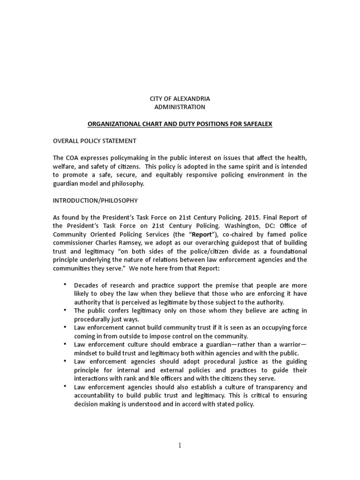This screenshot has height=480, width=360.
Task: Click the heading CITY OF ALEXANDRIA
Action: pos(180,98)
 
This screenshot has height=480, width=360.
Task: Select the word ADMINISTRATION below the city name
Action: pos(180,107)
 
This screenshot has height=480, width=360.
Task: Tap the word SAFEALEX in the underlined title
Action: pos(256,124)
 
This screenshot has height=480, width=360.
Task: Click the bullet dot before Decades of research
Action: pos(64,285)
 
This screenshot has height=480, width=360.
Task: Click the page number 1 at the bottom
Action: pos(180,445)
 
